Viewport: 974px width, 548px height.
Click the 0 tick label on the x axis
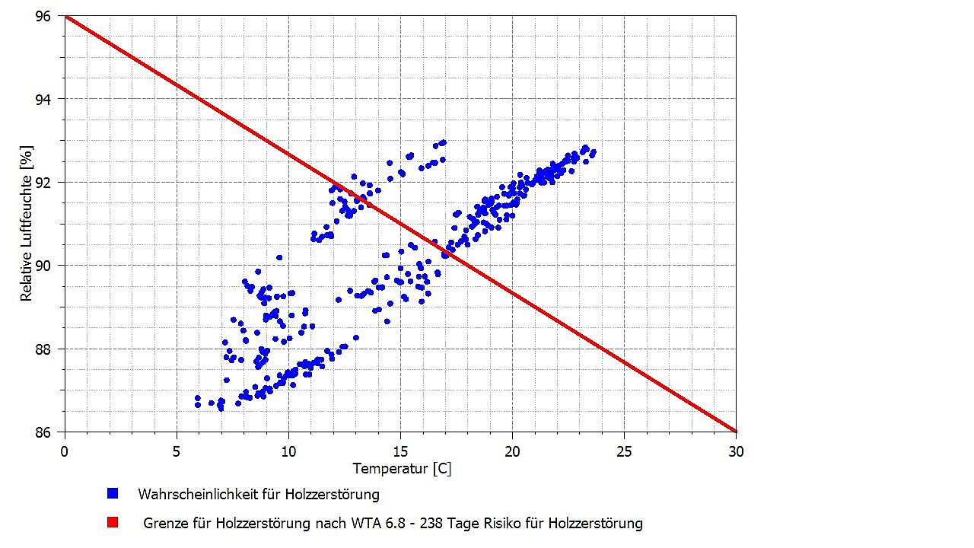coord(65,451)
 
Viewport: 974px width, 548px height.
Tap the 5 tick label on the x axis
coord(177,451)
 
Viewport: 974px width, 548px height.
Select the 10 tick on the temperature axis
coord(288,451)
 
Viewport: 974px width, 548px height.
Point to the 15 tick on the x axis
coord(400,451)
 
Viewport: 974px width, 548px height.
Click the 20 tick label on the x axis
coord(512,451)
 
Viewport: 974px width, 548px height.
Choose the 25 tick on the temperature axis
coord(624,451)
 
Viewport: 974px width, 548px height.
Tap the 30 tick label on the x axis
coord(736,451)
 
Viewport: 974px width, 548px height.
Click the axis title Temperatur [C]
coord(402,469)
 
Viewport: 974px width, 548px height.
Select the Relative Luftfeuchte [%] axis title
coord(27,225)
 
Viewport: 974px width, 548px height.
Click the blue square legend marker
coord(113,494)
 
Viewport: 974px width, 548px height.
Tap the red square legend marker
coord(113,523)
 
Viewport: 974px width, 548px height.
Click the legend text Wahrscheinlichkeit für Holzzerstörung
coord(258,494)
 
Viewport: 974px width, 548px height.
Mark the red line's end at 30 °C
coord(736,432)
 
